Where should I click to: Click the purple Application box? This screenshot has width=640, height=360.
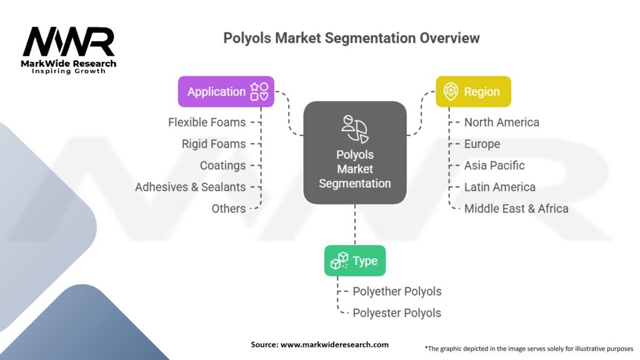[226, 91]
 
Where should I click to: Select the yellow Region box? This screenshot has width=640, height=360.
[473, 91]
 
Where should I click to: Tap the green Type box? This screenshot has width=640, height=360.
[355, 261]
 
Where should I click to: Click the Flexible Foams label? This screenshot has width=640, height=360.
[207, 122]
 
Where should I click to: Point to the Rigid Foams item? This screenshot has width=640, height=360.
[214, 144]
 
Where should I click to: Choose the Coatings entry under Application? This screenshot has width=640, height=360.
[223, 165]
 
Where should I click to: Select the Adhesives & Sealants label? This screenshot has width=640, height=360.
[191, 187]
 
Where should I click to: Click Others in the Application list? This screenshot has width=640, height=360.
[229, 209]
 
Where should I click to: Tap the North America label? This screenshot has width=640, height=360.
[502, 122]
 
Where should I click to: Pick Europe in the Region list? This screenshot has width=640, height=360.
[482, 144]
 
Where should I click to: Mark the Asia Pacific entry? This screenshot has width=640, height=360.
[494, 165]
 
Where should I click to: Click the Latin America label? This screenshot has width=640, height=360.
[499, 187]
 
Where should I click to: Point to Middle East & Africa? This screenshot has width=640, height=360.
[516, 209]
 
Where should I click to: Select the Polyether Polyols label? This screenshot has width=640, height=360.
[397, 291]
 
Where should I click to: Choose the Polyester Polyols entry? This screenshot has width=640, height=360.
[397, 313]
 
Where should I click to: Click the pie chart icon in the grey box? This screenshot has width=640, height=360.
[355, 129]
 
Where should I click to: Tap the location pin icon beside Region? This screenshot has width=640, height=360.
[451, 91]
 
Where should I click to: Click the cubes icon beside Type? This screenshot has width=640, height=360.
[339, 261]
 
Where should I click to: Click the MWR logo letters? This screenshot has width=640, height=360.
[69, 42]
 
